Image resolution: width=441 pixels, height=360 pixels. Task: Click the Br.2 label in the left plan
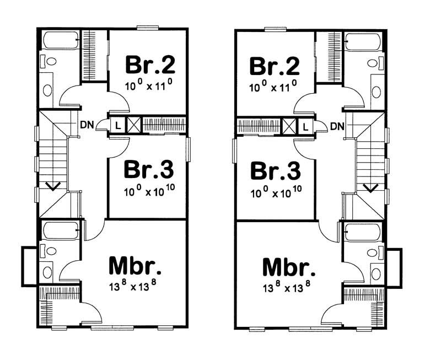[x=150, y=65]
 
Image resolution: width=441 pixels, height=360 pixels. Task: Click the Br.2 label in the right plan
[x=275, y=65]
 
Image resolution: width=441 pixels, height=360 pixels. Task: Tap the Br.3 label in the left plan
[x=150, y=169]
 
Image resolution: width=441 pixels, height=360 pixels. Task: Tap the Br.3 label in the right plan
[x=276, y=170]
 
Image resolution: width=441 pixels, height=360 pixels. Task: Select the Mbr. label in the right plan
[x=289, y=267]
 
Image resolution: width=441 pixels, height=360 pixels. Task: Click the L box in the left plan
[x=117, y=125]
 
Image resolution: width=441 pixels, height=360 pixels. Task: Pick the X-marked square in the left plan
[x=133, y=125]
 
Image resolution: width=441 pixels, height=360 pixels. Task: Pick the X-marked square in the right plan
[x=289, y=126]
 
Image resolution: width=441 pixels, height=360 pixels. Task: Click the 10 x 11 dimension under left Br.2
[x=150, y=85]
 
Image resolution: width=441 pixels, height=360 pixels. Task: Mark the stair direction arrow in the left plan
[x=53, y=186]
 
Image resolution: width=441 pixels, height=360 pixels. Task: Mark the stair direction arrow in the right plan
[x=371, y=187]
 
